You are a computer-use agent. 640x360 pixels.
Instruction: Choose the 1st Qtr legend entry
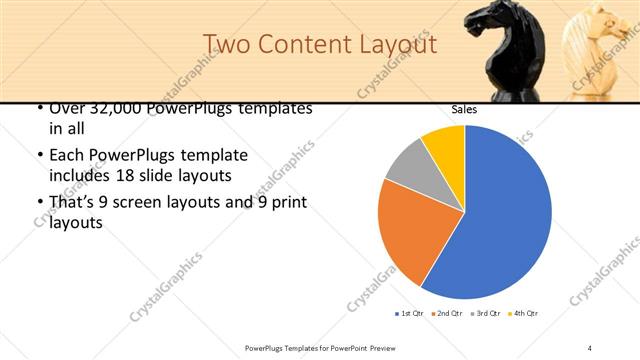pyautogui.click(x=410, y=314)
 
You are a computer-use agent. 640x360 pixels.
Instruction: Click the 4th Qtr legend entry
pyautogui.click(x=525, y=314)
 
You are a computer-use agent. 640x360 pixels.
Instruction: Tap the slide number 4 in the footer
pyautogui.click(x=590, y=347)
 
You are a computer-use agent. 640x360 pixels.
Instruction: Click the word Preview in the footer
pyautogui.click(x=377, y=347)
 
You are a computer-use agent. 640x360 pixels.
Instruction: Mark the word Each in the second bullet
pyautogui.click(x=67, y=156)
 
